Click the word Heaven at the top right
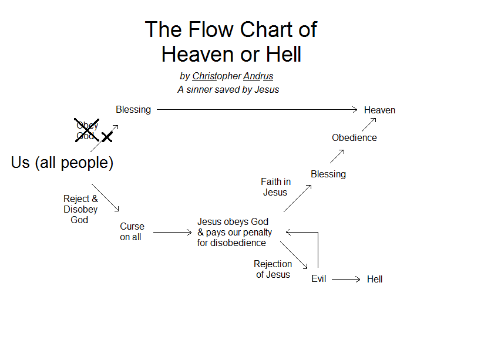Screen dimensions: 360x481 [x=379, y=110]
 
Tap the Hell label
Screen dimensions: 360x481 [x=375, y=280]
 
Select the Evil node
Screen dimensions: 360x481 [x=319, y=279]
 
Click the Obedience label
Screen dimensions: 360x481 [x=354, y=138]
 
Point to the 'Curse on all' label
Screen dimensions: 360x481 [x=132, y=232]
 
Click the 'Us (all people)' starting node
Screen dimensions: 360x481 [x=62, y=163]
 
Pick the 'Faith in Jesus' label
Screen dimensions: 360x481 [x=275, y=187]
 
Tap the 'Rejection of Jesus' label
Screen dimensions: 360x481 [x=273, y=270]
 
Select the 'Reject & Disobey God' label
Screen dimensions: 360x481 [x=80, y=209]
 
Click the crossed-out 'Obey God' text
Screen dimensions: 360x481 [x=87, y=130]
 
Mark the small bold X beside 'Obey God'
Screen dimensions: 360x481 [x=107, y=137]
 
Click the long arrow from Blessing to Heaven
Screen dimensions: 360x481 [x=257, y=110]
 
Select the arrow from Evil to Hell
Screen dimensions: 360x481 [x=346, y=280]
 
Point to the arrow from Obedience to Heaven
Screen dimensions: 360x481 [x=368, y=125]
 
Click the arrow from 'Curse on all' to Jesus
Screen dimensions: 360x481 [x=172, y=233]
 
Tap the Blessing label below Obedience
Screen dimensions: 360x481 [x=328, y=174]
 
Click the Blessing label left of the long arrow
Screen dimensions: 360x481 [x=133, y=110]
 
